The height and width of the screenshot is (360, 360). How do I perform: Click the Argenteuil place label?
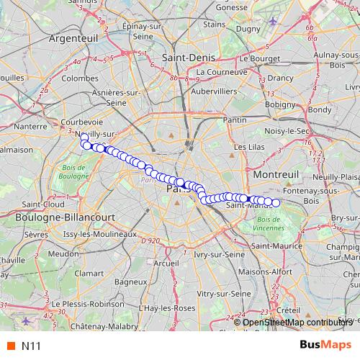pyautogui.click(x=73, y=42)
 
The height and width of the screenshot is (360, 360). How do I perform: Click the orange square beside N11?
pyautogui.click(x=10, y=345)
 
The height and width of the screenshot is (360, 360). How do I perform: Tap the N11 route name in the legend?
pyautogui.click(x=30, y=345)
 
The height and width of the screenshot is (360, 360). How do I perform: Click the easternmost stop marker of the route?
pyautogui.click(x=276, y=202)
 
